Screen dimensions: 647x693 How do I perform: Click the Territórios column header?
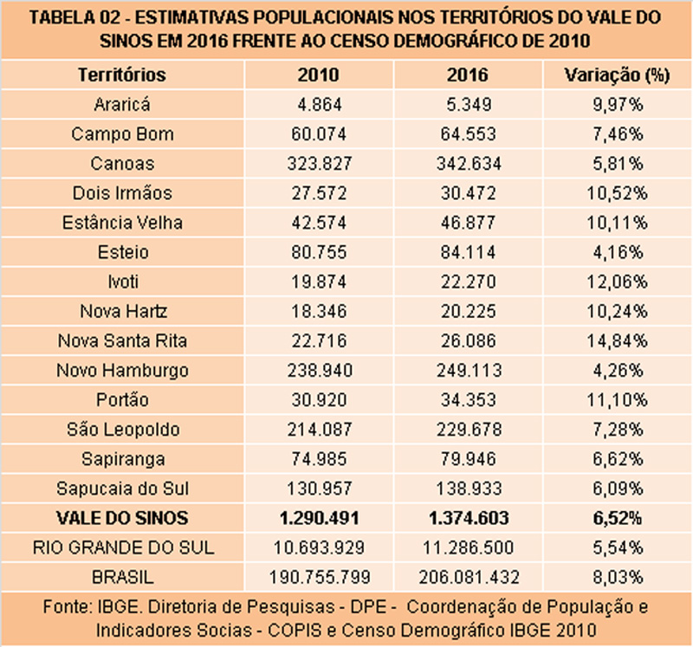[x=122, y=74]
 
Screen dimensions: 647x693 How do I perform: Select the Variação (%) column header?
[x=617, y=74]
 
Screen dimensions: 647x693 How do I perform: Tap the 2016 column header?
[x=468, y=74]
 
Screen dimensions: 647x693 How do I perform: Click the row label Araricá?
[x=122, y=105]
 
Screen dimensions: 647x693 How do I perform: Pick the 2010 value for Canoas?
[x=319, y=164]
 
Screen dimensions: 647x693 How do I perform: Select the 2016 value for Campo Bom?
[x=468, y=134]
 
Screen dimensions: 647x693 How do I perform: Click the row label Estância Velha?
[x=122, y=223]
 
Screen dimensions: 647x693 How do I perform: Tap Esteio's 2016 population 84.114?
[x=468, y=252]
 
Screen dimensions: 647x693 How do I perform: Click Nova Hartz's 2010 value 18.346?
[x=319, y=311]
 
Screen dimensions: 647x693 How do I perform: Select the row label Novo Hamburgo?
[x=122, y=371]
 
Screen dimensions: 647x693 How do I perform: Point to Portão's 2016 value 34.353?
[x=468, y=400]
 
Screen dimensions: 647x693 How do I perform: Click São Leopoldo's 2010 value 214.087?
[x=319, y=430]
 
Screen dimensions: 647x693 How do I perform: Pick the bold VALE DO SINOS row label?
[x=122, y=518]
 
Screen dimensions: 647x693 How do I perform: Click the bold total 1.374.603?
[x=468, y=518]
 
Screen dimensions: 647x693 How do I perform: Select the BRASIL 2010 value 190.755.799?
[x=319, y=577]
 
